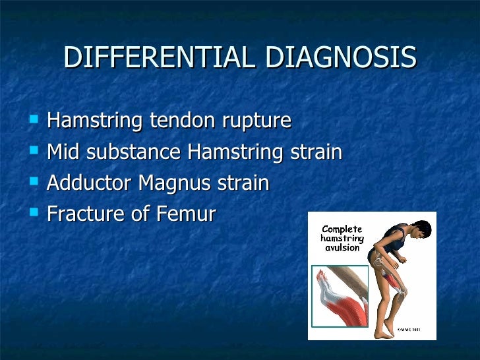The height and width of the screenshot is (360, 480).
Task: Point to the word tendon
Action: [x=181, y=121]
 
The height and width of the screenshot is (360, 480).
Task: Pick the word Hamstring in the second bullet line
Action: [x=236, y=153]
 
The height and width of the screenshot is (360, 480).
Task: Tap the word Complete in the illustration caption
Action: [x=341, y=228]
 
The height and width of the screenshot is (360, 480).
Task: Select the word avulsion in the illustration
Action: [x=341, y=248]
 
